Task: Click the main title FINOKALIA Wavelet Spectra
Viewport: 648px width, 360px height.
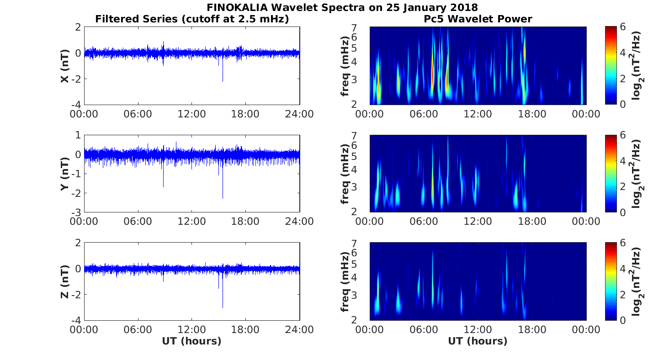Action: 342,8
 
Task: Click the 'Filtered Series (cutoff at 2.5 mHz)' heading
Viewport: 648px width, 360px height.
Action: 192,19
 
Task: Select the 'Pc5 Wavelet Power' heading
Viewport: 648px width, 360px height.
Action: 478,19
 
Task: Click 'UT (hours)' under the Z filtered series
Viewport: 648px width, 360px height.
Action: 191,341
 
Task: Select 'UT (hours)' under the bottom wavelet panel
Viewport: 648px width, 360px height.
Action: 478,341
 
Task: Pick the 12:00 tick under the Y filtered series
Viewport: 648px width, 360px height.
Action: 191,222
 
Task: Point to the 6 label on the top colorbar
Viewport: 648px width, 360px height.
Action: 624,27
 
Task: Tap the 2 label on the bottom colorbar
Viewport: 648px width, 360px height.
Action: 624,295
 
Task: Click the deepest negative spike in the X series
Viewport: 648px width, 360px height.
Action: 223,80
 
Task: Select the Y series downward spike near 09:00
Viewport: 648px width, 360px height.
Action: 163,185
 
